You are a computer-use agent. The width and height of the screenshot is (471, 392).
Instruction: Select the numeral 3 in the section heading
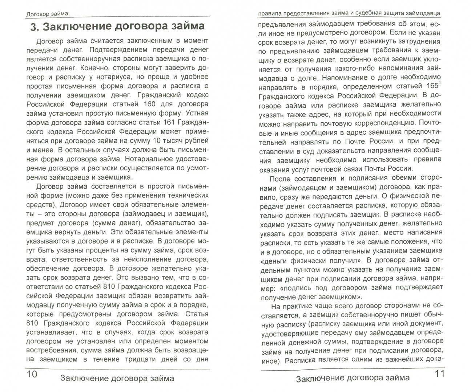pos(34,27)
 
